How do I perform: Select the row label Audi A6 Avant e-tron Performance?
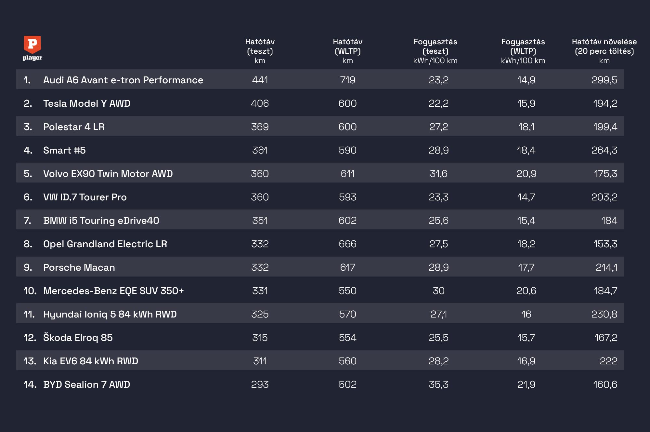point(123,80)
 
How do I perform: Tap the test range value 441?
point(260,80)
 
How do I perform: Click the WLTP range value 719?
point(347,80)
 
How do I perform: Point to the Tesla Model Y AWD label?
point(87,103)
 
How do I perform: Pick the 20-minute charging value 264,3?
point(604,150)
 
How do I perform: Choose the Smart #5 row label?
point(64,150)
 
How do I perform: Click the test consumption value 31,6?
point(438,174)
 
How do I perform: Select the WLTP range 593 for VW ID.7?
point(347,197)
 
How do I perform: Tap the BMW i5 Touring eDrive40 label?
point(101,221)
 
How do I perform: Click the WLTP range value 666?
point(347,244)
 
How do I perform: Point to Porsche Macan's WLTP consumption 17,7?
point(526,267)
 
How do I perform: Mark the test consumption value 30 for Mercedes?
point(438,291)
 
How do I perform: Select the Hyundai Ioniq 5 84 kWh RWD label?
point(110,314)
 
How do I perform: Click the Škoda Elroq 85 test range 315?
point(260,338)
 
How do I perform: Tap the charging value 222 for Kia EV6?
point(608,361)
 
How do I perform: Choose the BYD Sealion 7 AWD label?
point(86,385)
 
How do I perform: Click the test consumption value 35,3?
point(438,385)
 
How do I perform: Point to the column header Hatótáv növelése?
point(604,42)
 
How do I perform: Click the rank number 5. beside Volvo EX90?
point(28,174)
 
